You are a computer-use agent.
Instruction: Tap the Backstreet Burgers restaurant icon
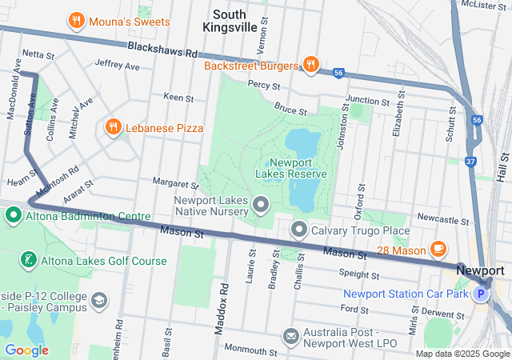tap(311, 65)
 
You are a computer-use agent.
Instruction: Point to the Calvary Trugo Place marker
tap(300, 230)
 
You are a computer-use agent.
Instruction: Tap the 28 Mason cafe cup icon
tap(438, 250)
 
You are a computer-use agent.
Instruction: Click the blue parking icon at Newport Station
tap(480, 294)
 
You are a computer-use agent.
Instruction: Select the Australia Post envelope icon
tap(290, 334)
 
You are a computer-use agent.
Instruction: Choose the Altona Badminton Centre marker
tap(14, 216)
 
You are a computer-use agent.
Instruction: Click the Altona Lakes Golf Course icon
tap(28, 261)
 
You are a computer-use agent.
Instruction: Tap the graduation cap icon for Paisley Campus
tap(99, 300)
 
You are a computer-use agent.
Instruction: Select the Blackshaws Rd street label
tap(162, 50)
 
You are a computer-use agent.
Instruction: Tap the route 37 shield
tap(470, 162)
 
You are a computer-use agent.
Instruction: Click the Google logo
tap(26, 350)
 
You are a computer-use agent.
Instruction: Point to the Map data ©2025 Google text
tap(462, 354)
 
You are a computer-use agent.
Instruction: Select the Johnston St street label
tap(343, 129)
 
